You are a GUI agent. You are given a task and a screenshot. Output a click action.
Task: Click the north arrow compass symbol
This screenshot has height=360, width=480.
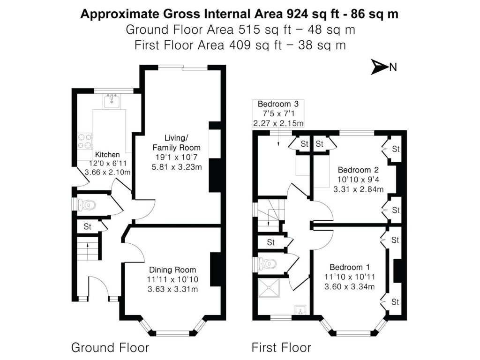coord(379,67)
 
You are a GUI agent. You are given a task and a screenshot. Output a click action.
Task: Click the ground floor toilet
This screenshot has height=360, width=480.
coord(87,204)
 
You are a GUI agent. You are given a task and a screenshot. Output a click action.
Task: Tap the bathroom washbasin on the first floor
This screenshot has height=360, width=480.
coord(299,309)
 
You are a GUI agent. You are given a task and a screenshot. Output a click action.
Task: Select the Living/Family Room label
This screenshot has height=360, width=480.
coord(176,142)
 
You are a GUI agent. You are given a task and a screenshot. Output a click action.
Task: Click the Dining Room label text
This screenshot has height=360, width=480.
coord(172,270)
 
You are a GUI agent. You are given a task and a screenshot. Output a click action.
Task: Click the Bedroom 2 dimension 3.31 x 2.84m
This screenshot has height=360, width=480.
coord(358,189)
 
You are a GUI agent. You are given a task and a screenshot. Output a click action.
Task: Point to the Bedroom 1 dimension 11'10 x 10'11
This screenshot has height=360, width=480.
coord(349,277)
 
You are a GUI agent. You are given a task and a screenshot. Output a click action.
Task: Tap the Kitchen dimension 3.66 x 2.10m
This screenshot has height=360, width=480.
coord(107,172)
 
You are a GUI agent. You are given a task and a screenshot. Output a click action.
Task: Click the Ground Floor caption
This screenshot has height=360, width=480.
coord(110,347)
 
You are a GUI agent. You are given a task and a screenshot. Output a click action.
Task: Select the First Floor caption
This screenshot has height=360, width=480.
coord(281,347)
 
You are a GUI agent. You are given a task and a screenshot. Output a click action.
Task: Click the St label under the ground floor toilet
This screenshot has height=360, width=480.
coord(88,227)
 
